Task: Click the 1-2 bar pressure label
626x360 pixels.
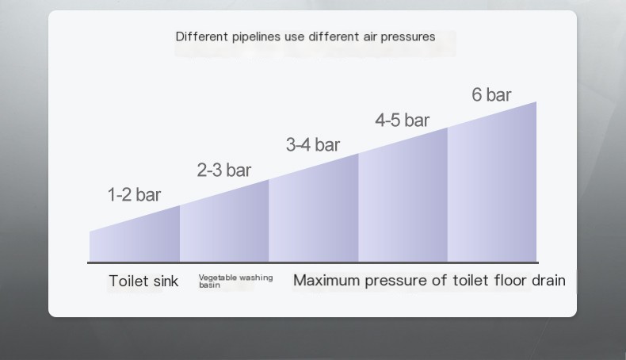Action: coord(134,195)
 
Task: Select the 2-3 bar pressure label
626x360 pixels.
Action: coord(223,170)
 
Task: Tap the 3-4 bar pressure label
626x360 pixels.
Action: coord(312,144)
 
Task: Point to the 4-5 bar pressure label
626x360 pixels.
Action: coord(402,120)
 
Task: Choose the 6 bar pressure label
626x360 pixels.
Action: coord(491,95)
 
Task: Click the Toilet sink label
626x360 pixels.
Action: coord(143,281)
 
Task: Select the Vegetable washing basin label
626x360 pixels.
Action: coord(235,281)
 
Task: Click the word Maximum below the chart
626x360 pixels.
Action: coord(326,280)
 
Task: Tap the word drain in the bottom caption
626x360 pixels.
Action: coord(548,280)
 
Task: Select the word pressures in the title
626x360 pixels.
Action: coord(408,36)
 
